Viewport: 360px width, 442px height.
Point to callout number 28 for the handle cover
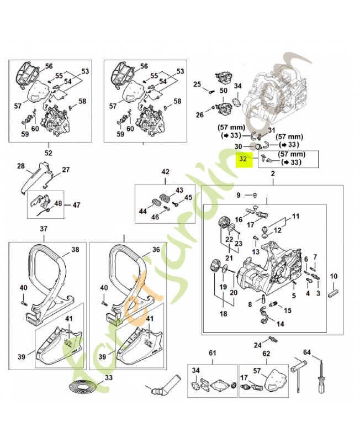(x=20, y=166)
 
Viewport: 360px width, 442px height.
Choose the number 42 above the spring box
(x=165, y=172)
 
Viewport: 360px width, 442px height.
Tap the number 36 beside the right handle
(x=156, y=249)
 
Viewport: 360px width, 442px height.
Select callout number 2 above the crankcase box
(x=272, y=175)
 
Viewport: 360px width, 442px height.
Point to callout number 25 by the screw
(x=197, y=84)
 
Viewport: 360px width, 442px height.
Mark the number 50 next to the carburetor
(x=223, y=90)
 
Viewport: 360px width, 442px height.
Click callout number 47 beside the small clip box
(x=76, y=205)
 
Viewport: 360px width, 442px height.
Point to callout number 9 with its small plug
(x=239, y=195)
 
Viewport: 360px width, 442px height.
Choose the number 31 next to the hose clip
(x=271, y=130)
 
